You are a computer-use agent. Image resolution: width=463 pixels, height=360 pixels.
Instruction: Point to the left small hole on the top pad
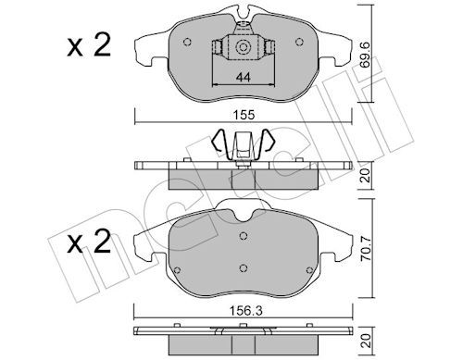click(x=188, y=40)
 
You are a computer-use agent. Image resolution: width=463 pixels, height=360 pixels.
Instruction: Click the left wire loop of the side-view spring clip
click(x=220, y=143)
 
